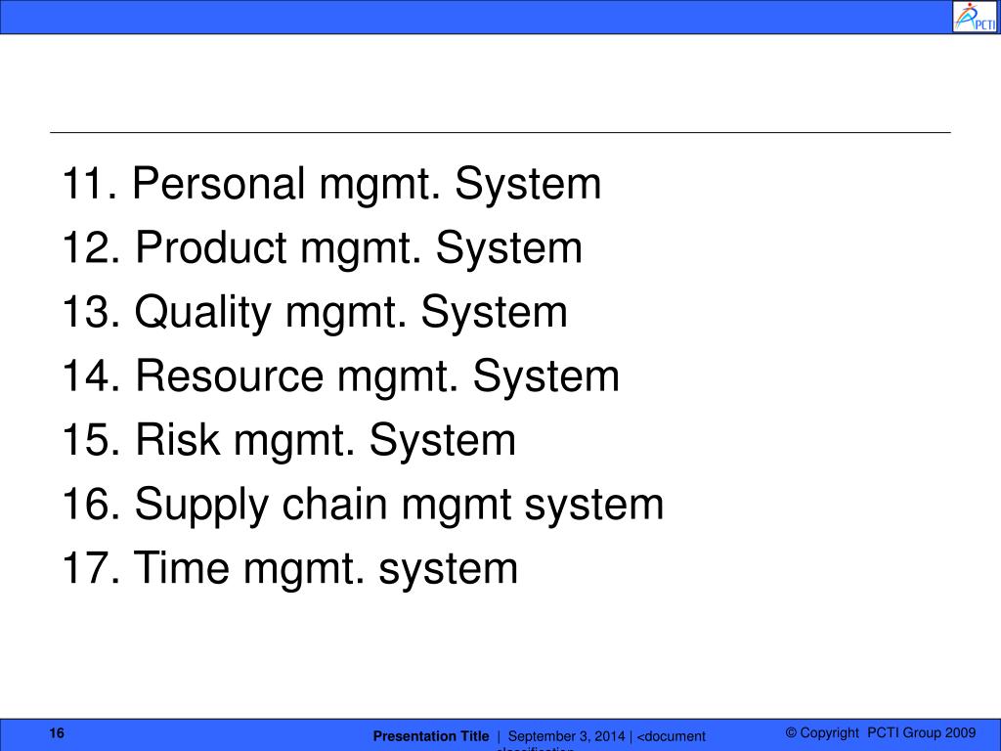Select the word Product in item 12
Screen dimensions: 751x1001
pos(211,248)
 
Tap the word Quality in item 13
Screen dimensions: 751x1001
pos(203,313)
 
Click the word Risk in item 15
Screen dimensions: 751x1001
pos(177,441)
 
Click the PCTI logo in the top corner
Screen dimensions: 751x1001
pos(976,17)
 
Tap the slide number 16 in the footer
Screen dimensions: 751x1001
pos(57,734)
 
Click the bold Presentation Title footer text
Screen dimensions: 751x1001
pos(431,736)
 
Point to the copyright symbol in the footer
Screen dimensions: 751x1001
pos(792,733)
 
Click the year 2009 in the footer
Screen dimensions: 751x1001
pos(962,733)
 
